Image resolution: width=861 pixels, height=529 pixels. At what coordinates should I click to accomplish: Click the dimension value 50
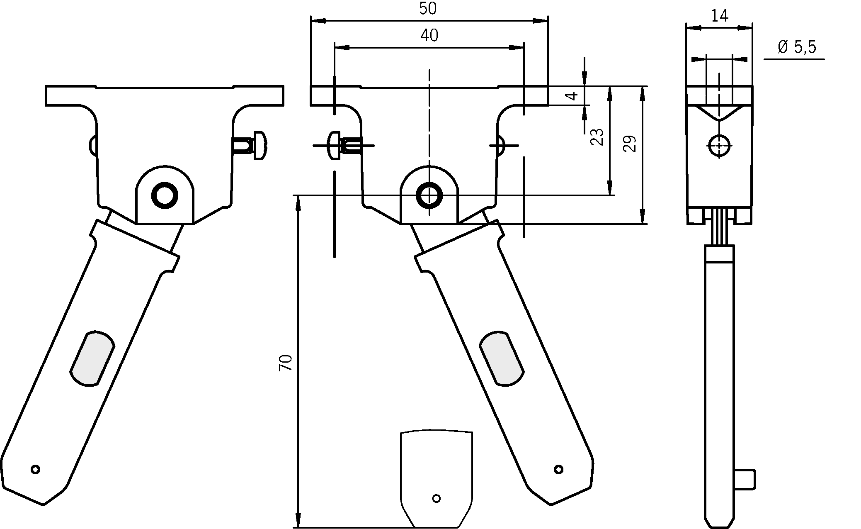coord(428,9)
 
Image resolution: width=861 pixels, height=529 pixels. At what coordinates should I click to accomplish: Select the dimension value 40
coord(429,36)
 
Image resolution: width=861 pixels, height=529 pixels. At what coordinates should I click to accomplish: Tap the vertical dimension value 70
coord(286,363)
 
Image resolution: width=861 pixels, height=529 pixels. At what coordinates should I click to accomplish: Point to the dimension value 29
coord(630,144)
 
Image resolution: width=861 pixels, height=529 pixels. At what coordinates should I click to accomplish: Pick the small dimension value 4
coord(572,96)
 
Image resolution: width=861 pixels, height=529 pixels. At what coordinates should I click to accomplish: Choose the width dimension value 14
coord(720,16)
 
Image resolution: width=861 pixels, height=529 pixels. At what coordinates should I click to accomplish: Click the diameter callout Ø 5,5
coord(796,47)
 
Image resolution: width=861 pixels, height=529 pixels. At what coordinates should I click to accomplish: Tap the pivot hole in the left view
coord(165,194)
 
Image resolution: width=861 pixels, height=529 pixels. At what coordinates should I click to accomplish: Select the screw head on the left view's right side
coord(260,146)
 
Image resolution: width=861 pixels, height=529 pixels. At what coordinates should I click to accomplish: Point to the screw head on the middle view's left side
coord(334,146)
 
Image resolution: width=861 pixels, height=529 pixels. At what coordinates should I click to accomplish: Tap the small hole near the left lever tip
coord(36,469)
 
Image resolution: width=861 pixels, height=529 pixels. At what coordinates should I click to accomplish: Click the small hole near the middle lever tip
coord(559,469)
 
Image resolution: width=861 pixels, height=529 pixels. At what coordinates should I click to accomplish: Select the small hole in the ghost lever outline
coord(436,498)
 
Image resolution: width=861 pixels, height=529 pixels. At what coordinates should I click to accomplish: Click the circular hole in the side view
coord(719,146)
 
